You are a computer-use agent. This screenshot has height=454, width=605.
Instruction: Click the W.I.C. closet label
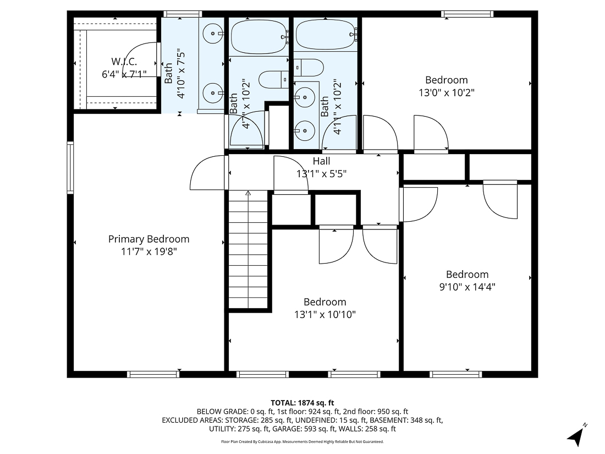[x=124, y=61]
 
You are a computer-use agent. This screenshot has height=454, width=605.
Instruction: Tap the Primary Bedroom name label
[x=148, y=239]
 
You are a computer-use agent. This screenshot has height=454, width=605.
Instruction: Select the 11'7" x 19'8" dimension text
[x=148, y=251]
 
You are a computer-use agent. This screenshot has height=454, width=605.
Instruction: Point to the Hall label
[x=321, y=161]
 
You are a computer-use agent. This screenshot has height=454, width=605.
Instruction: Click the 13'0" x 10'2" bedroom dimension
[x=446, y=92]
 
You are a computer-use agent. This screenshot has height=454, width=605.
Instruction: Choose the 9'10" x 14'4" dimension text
[x=467, y=287]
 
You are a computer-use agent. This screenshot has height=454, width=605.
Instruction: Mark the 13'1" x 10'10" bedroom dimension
[x=324, y=315]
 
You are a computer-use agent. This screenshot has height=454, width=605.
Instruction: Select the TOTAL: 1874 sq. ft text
[x=302, y=403]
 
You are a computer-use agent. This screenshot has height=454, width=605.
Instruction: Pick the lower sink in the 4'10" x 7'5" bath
[x=211, y=92]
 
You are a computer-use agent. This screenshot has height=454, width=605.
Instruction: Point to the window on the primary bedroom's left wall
[x=70, y=168]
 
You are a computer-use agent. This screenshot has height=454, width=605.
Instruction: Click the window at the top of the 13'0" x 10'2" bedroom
[x=467, y=14]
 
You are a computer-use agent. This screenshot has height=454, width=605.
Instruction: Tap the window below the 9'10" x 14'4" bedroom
[x=456, y=374]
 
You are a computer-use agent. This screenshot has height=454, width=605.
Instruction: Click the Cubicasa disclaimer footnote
[x=302, y=441]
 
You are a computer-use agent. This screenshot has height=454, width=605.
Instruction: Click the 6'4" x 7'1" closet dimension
[x=124, y=74]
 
